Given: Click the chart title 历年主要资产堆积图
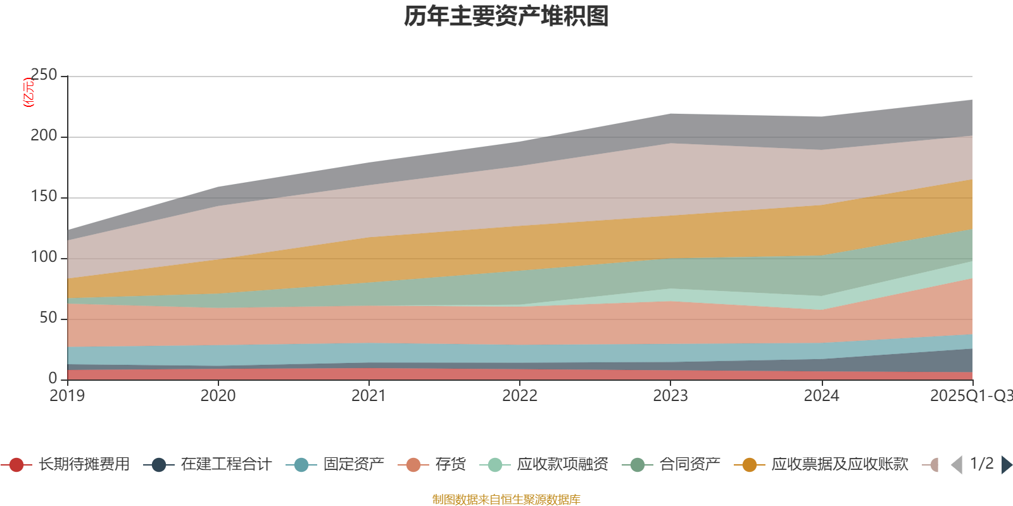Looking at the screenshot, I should tap(507, 16).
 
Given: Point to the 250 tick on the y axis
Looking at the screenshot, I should tap(44, 75).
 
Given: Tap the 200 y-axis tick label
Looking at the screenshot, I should tap(44, 136).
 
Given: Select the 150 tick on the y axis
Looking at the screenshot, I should tap(44, 197).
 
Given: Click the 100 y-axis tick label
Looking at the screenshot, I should tap(44, 257).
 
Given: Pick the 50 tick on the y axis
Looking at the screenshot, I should tap(48, 318).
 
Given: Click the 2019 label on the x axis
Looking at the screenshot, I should tap(68, 396).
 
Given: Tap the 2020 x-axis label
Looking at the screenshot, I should tap(218, 396).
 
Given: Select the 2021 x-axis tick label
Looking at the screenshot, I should tap(369, 396).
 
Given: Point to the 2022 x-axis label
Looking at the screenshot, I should tap(520, 396).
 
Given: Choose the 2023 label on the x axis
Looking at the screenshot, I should tap(670, 396).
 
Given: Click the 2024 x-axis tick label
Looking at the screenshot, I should tap(821, 396).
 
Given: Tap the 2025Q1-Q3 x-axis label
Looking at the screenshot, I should tap(970, 396).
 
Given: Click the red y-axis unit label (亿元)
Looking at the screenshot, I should tap(28, 92).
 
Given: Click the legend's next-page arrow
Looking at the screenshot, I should tap(1006, 465).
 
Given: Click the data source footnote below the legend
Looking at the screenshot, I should tap(507, 500).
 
